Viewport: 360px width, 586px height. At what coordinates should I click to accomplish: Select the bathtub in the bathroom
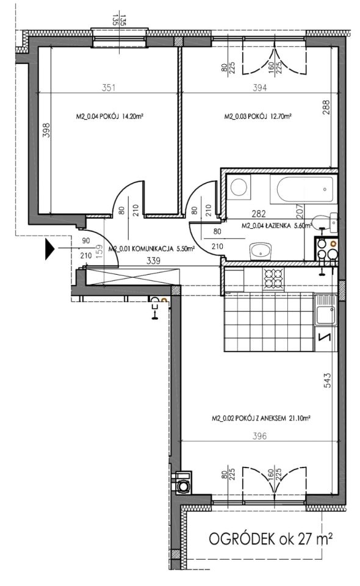(x=304, y=189)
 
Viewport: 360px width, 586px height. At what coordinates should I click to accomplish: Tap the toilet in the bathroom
(x=324, y=222)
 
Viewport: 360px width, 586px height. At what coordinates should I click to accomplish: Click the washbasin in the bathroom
(x=261, y=251)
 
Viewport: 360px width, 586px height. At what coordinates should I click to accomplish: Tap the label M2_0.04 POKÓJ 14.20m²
(x=110, y=117)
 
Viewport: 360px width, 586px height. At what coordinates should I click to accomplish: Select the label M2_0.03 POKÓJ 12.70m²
(x=257, y=117)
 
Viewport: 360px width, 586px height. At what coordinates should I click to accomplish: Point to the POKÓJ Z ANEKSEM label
(x=260, y=419)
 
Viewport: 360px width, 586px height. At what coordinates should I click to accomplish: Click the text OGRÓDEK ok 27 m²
(x=271, y=539)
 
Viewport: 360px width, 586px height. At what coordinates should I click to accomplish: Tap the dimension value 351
(x=109, y=88)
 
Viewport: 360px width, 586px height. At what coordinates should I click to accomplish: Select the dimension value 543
(x=326, y=380)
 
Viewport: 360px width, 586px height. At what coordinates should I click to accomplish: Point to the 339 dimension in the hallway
(x=154, y=261)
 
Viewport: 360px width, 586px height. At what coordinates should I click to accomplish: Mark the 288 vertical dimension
(x=326, y=107)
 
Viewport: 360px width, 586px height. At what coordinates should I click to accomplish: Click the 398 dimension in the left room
(x=46, y=130)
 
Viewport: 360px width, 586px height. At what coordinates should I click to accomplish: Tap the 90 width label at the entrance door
(x=86, y=241)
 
